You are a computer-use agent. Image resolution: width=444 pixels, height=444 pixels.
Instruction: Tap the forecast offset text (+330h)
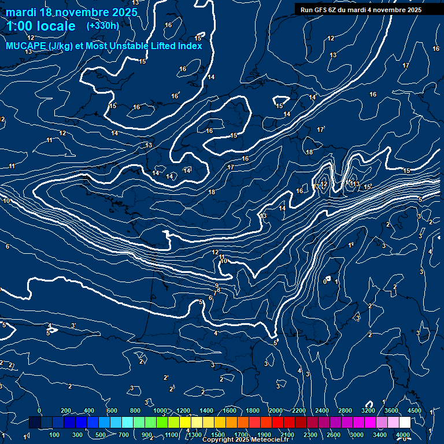(102, 26)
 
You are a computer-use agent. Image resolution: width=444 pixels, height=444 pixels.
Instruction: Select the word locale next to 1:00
(56, 26)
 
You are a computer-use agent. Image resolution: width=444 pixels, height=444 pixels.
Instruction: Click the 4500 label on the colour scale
(414, 410)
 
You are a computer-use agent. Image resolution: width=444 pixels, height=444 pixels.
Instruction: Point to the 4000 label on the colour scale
(403, 435)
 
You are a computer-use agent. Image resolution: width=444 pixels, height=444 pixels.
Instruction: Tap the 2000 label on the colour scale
(276, 410)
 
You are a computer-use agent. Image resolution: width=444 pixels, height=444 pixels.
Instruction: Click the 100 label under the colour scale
(54, 435)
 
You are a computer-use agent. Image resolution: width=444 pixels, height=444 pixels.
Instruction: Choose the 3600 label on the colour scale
(391, 410)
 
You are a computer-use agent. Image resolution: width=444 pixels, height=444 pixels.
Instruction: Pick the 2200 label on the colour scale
(299, 410)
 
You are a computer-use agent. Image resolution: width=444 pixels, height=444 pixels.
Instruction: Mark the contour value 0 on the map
(325, 282)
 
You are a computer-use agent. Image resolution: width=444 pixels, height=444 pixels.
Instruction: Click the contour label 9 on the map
(217, 286)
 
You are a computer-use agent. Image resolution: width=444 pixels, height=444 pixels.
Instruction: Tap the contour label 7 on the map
(214, 293)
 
